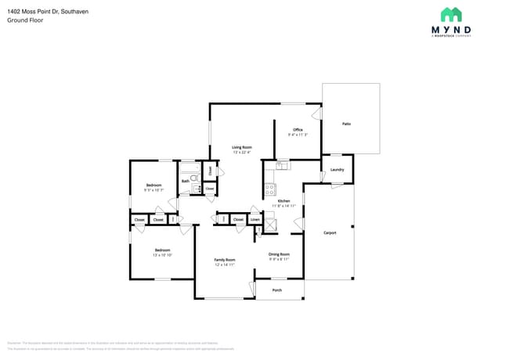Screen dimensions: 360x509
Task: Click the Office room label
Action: (298, 130)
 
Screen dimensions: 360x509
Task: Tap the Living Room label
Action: (241, 147)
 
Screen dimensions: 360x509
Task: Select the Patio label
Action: (346, 124)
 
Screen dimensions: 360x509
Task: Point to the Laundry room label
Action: (338, 169)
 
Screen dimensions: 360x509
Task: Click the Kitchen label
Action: (283, 201)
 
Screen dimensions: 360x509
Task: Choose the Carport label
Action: (330, 232)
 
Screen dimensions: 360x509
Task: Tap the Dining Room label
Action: (280, 254)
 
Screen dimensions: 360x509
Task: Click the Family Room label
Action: (225, 260)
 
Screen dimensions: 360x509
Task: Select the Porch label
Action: (277, 290)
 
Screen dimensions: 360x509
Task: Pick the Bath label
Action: (185, 181)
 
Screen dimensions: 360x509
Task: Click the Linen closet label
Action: (255, 220)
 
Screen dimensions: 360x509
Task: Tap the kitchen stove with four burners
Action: (270, 189)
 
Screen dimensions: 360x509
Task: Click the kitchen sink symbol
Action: (283, 165)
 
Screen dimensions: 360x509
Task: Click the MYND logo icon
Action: (451, 15)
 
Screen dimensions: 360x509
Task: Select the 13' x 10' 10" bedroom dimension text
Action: (161, 255)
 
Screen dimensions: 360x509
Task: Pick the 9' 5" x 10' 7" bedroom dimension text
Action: (153, 190)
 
